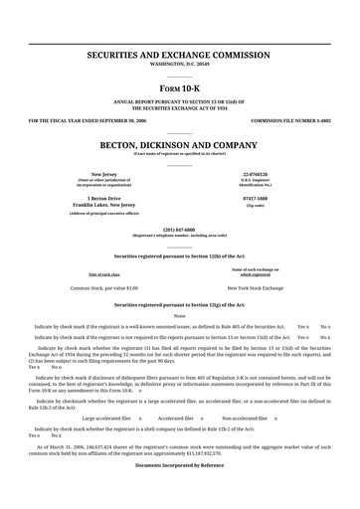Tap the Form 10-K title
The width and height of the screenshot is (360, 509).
point(180,85)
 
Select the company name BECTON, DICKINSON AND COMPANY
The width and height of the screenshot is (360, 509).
point(180,144)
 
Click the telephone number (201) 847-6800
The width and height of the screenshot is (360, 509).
point(180,228)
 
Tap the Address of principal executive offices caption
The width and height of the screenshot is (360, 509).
point(103,214)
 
